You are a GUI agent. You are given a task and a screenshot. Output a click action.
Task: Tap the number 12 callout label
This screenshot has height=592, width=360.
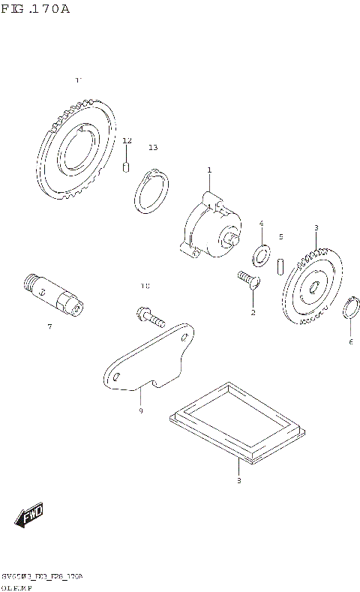coord(127,141)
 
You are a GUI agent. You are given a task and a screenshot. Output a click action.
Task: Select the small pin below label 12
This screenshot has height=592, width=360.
coord(127,167)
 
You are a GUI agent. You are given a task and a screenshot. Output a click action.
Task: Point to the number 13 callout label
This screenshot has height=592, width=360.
coord(153,148)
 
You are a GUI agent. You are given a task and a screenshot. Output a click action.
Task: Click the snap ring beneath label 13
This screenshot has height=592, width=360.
coord(152,194)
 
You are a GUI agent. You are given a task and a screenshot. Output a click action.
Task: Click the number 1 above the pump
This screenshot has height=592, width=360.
coord(209,170)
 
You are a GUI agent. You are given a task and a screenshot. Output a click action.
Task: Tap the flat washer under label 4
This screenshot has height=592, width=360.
coord(262,255)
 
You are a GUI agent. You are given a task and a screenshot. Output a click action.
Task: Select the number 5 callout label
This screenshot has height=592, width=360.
coord(280,236)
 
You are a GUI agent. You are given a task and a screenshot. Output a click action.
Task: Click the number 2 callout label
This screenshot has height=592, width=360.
coord(253,312)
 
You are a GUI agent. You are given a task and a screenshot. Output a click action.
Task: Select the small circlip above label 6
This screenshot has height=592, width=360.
coord(350,309)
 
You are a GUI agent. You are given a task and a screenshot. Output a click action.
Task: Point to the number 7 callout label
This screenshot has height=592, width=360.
coord(49,327)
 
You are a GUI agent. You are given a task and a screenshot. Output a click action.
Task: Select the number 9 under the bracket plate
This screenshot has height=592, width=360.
coord(140,410)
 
